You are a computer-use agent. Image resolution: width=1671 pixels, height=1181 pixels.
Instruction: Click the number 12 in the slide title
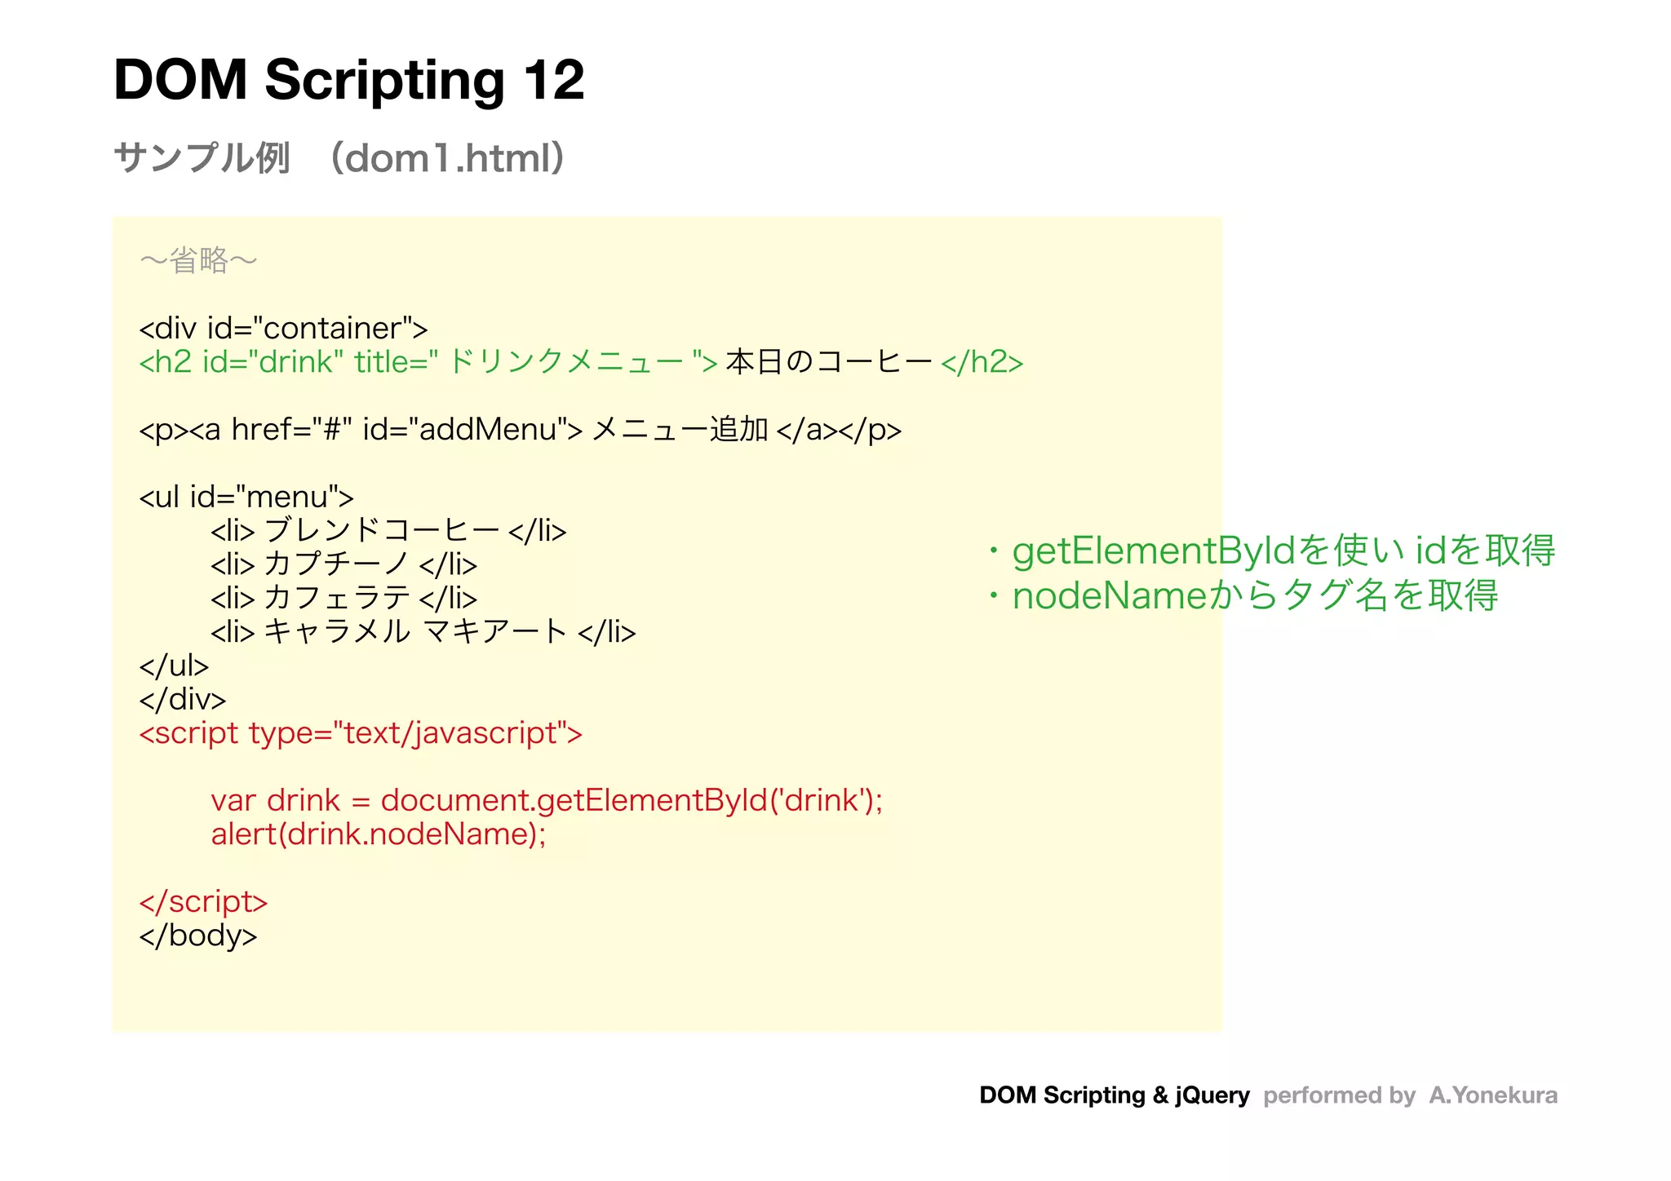(554, 81)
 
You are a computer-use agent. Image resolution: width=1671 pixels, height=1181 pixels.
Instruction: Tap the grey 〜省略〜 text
(198, 261)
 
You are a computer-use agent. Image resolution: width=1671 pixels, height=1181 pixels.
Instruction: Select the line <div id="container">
(283, 329)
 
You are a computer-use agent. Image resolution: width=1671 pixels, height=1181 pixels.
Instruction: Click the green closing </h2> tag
(982, 362)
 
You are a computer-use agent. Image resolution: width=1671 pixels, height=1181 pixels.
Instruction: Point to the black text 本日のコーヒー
(828, 362)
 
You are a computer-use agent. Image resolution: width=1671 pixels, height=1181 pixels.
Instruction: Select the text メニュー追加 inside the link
(680, 430)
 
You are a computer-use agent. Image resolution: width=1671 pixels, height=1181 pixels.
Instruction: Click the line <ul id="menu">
(246, 497)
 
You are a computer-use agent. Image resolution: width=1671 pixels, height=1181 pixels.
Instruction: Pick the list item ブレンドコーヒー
(382, 531)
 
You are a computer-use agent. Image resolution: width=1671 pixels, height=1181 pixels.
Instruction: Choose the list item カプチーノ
(336, 564)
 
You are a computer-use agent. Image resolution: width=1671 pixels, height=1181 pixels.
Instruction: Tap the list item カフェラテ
(336, 598)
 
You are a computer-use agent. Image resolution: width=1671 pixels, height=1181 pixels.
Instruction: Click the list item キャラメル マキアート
(415, 632)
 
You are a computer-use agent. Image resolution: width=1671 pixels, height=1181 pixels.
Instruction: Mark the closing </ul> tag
(174, 666)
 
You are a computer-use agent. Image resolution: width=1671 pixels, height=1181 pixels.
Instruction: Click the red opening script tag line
(361, 733)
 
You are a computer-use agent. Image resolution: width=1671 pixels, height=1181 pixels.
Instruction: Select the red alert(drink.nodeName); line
(379, 834)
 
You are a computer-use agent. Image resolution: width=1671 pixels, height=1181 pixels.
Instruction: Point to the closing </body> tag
(198, 936)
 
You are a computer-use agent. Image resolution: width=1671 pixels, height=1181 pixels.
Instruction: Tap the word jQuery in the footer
(1212, 1095)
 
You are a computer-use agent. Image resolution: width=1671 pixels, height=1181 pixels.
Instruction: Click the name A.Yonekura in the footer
(1493, 1095)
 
